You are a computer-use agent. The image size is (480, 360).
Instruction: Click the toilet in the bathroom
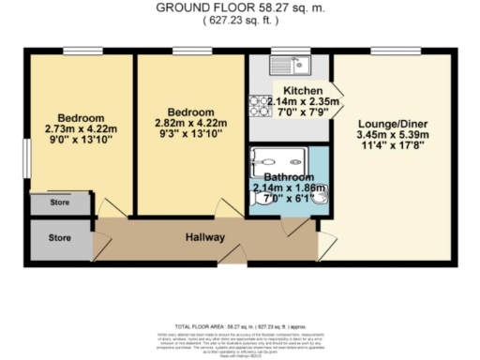(260, 195)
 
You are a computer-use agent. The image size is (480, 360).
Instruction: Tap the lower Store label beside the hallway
(60, 237)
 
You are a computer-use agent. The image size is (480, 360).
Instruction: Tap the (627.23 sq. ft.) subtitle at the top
(242, 22)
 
